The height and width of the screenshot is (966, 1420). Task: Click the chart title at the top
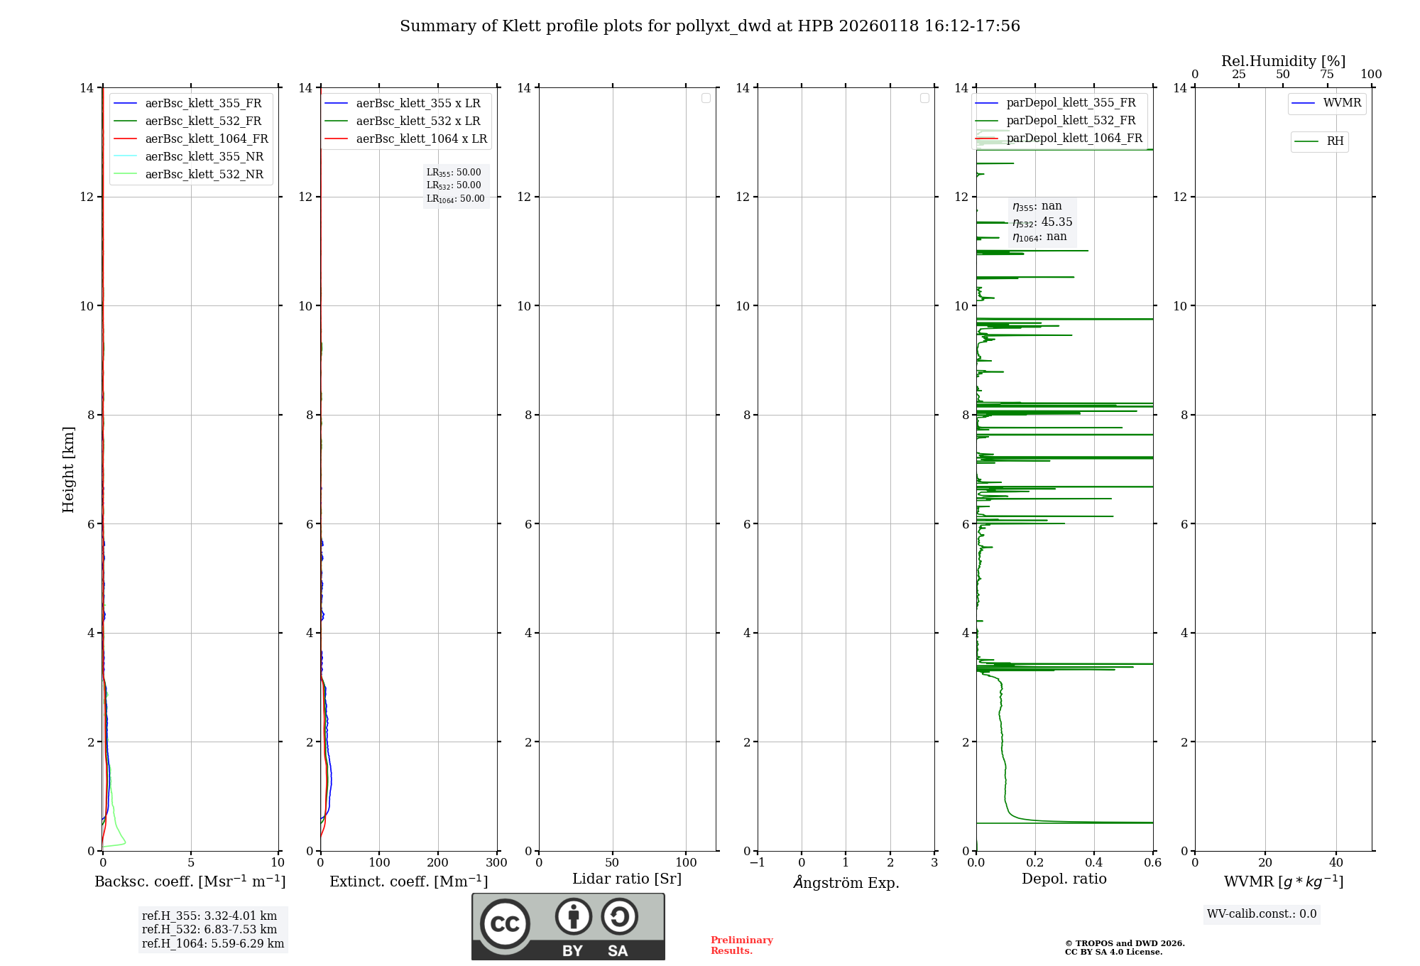[709, 26]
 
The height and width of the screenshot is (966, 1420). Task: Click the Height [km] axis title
[68, 469]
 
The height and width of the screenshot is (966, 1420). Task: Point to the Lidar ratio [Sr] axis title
[626, 879]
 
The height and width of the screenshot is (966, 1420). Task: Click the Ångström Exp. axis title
[846, 882]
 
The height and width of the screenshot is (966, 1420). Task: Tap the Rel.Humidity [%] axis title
[1283, 61]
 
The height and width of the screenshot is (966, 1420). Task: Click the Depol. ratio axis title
[1064, 879]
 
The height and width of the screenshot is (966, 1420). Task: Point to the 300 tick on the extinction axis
[496, 863]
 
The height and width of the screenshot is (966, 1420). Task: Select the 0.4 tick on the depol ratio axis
[1094, 863]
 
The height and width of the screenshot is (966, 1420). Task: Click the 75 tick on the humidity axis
[1326, 75]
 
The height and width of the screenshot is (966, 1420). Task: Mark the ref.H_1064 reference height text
[212, 944]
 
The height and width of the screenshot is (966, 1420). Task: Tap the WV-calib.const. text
[1261, 914]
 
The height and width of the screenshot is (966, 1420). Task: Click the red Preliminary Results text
[741, 945]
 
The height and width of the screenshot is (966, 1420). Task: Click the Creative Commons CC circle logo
[505, 924]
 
